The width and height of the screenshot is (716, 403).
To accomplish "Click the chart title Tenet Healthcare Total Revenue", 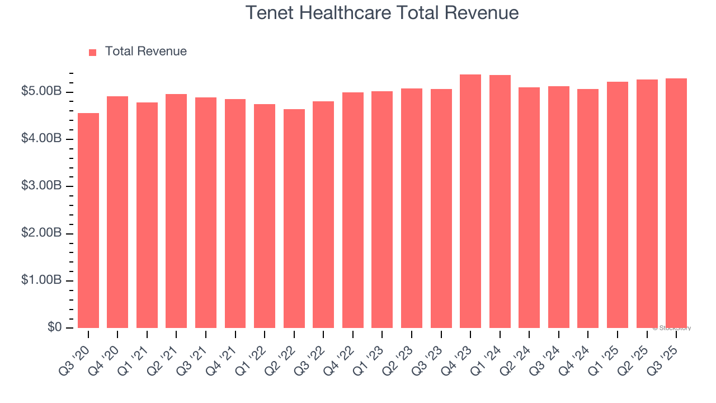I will [x=382, y=13].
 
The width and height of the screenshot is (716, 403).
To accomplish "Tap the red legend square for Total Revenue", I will [x=93, y=52].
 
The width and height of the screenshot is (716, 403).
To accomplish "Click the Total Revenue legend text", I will [x=145, y=51].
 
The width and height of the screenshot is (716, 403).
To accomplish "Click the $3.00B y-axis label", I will [x=42, y=186].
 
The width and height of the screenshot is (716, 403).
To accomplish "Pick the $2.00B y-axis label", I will [x=42, y=233].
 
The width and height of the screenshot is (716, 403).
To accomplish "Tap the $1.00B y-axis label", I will [x=42, y=280].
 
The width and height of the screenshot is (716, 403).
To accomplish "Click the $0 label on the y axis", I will [x=55, y=327].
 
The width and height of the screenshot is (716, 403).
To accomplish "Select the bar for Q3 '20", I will [x=88, y=221].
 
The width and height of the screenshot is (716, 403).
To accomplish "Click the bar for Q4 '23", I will [x=470, y=201].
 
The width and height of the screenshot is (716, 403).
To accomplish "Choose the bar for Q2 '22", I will [x=294, y=218].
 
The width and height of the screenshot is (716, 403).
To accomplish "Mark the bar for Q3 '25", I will [x=676, y=203].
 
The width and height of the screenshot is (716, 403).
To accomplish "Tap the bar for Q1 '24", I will [x=500, y=201].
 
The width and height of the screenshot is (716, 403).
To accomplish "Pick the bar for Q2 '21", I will [x=176, y=211].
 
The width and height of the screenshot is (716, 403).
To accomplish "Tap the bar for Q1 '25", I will [x=618, y=205].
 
